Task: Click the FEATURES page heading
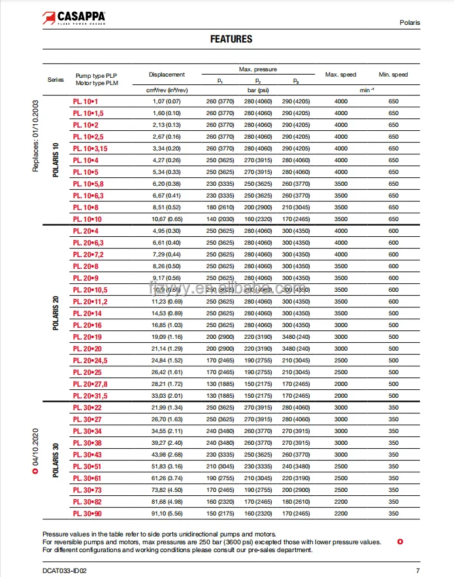point(231,39)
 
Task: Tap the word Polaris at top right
point(410,23)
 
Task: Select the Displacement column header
point(167,75)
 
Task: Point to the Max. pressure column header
point(257,69)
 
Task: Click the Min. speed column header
point(393,75)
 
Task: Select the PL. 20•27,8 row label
point(90,384)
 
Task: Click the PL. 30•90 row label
point(87,514)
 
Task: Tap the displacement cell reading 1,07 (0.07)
point(167,101)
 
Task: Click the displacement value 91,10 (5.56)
point(167,514)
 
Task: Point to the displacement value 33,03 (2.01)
point(167,396)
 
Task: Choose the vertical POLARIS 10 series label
point(56,160)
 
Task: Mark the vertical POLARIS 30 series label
point(56,461)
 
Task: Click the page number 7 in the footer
point(417,571)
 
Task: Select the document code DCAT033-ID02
point(65,571)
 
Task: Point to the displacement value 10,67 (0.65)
point(167,219)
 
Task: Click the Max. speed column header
point(340,75)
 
